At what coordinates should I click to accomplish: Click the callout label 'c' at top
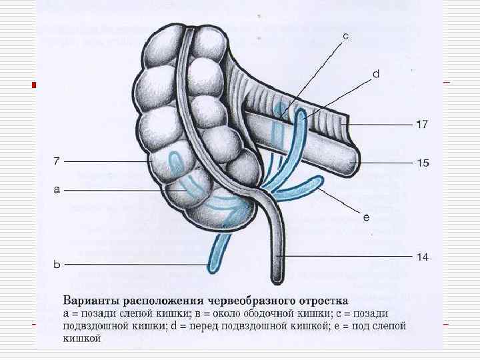[x=345, y=37]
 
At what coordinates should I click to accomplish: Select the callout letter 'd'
[x=375, y=74]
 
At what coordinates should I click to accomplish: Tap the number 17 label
[x=423, y=124]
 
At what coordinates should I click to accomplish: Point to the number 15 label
[x=423, y=163]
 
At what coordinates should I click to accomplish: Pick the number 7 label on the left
[x=57, y=161]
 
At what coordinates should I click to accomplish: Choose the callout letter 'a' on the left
[x=57, y=190]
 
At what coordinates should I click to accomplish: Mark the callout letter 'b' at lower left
[x=57, y=265]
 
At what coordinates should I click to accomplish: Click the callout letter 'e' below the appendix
[x=366, y=217]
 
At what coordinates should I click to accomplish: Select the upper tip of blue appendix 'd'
[x=302, y=113]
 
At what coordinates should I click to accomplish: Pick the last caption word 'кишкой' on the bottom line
[x=81, y=339]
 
